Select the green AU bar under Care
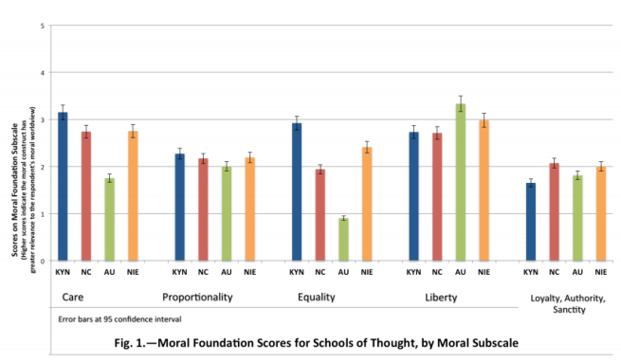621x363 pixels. pyautogui.click(x=109, y=219)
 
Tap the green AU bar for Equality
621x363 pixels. pyautogui.click(x=343, y=240)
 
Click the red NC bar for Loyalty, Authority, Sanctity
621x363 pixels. pyautogui.click(x=554, y=211)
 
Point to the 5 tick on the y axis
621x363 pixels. pyautogui.click(x=41, y=26)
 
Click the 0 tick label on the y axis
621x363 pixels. pyautogui.click(x=41, y=261)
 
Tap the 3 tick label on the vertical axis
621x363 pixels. pyautogui.click(x=41, y=119)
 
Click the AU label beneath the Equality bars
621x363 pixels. pyautogui.click(x=343, y=273)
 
